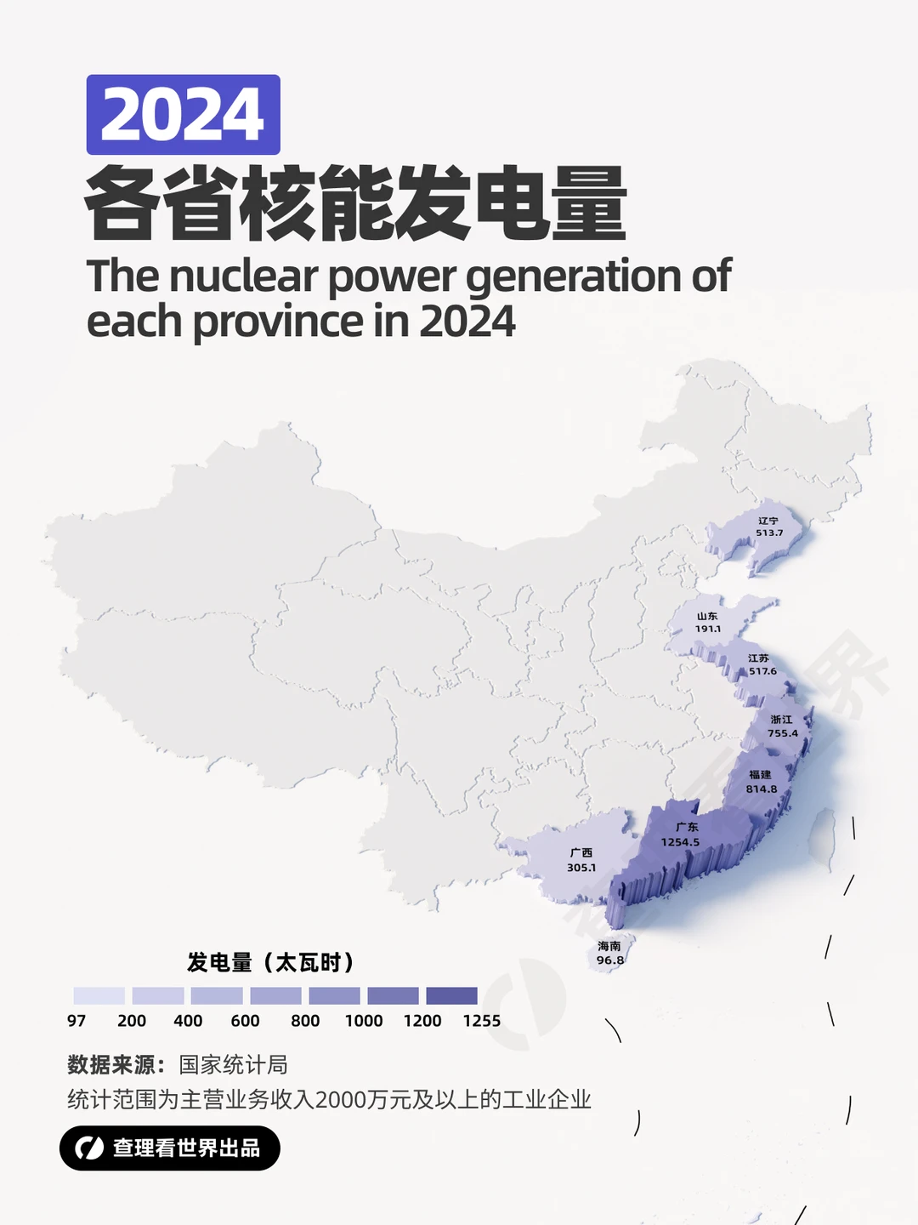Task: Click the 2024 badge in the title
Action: (183, 115)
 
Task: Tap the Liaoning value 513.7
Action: (769, 533)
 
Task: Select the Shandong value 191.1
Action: (707, 629)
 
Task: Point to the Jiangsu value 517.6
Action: (762, 671)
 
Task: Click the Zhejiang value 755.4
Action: (783, 733)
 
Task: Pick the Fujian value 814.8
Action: (762, 789)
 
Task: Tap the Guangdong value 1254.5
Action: (680, 842)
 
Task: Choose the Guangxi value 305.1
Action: (581, 868)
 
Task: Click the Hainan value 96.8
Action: (609, 960)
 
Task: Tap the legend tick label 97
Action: (76, 1021)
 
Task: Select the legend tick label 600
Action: (245, 1021)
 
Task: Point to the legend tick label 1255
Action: (481, 1021)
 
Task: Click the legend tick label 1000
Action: (364, 1021)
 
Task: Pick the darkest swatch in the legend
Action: (451, 996)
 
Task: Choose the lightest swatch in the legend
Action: (99, 996)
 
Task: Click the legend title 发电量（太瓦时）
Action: (270, 963)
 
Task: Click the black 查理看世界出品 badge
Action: (170, 1148)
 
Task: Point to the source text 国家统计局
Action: (233, 1065)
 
